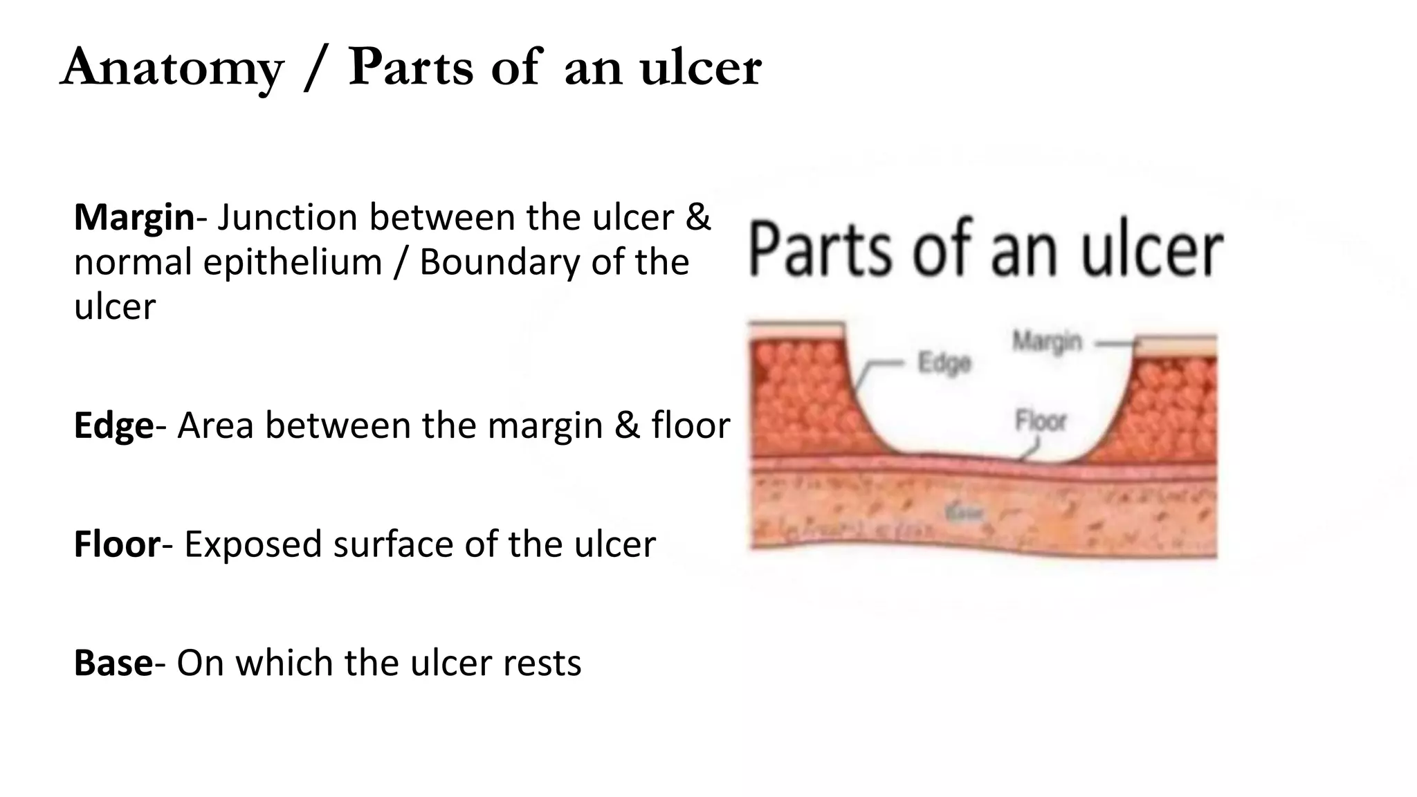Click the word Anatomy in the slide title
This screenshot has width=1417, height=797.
(x=173, y=68)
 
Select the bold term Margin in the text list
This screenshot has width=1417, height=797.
(x=134, y=217)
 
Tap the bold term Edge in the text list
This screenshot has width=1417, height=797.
(x=113, y=425)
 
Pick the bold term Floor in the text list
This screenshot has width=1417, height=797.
(x=117, y=544)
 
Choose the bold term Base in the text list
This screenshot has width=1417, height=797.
(x=113, y=663)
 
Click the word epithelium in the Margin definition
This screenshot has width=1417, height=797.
(x=293, y=263)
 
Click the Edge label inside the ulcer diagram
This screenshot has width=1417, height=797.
(x=944, y=363)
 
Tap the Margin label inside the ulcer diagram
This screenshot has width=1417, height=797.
(x=1047, y=341)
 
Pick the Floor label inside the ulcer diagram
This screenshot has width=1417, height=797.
(x=1041, y=420)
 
